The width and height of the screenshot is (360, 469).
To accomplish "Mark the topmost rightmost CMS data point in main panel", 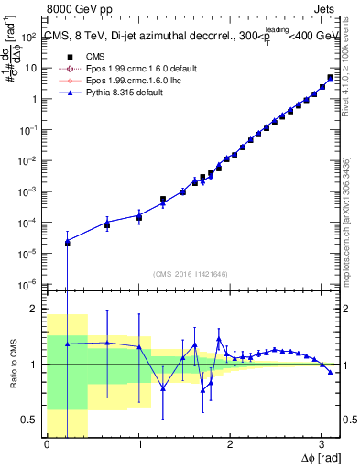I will pyautogui.click(x=330, y=78).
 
